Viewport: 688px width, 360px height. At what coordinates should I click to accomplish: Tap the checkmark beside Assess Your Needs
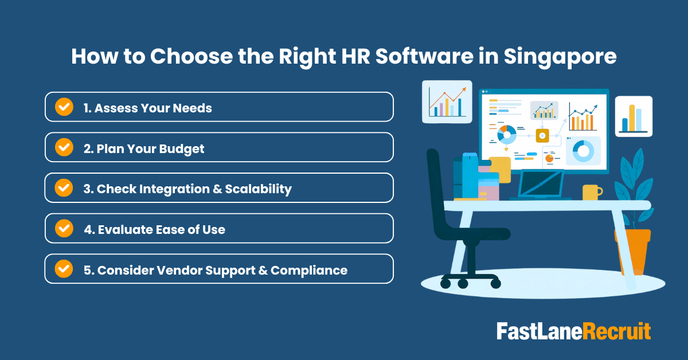coord(64,107)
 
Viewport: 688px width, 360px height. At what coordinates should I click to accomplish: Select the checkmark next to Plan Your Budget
coord(64,147)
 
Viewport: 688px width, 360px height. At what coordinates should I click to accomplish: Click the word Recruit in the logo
coord(617,332)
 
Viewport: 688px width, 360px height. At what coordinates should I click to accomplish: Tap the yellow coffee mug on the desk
coord(591,192)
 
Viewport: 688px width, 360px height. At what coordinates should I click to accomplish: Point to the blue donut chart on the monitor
coord(584,151)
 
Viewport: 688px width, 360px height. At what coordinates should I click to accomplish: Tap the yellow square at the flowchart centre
coord(542,135)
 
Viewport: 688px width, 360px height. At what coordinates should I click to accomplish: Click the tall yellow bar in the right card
coord(632,118)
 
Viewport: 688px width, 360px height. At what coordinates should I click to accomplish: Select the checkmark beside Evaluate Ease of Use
coord(64,228)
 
